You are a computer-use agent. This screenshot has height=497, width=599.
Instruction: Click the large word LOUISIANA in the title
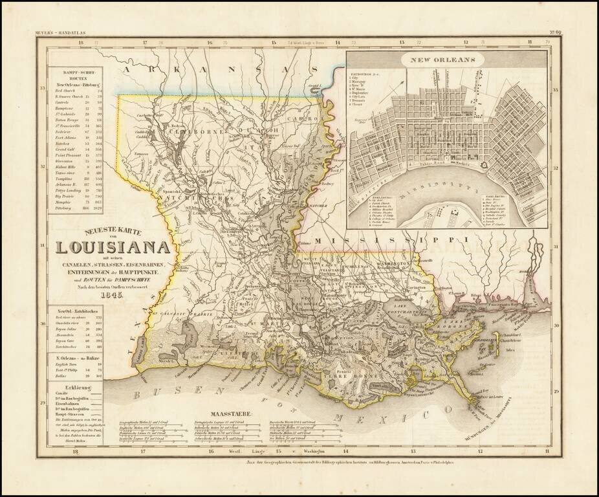pos(113,248)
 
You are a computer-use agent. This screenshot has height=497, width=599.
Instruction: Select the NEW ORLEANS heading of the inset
pos(444,60)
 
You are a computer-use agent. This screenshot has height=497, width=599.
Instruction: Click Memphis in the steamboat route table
pos(64,203)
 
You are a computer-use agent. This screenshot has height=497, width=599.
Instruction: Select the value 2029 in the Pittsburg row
pos(99,209)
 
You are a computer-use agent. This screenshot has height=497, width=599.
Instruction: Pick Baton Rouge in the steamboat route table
pos(67,120)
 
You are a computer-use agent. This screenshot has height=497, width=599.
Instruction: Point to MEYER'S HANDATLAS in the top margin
pos(62,32)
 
